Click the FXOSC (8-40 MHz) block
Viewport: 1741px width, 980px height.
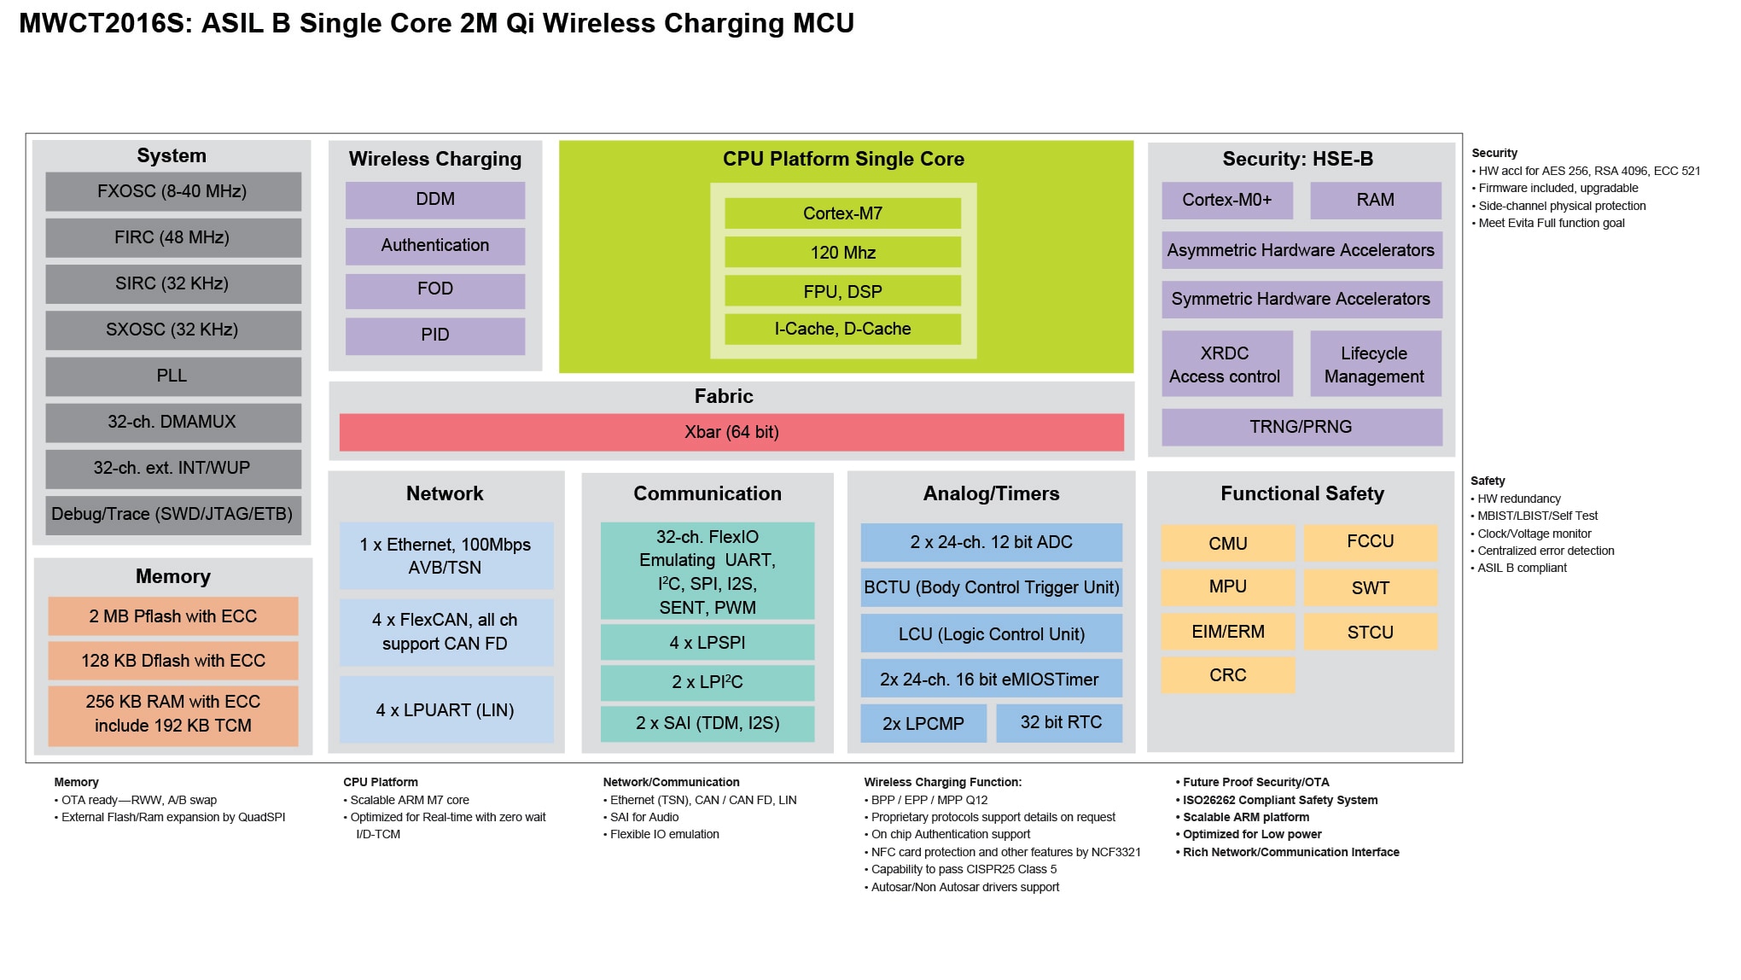click(x=172, y=191)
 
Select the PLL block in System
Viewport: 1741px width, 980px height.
click(x=172, y=376)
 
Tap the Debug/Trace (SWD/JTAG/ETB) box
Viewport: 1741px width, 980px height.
click(x=172, y=514)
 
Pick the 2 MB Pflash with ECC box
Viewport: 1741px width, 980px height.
click(x=172, y=616)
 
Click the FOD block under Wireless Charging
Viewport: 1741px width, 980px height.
click(x=434, y=289)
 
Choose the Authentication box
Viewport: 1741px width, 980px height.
click(x=434, y=246)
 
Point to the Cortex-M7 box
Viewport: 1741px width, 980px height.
click(x=842, y=213)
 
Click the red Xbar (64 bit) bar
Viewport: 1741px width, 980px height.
click(x=731, y=432)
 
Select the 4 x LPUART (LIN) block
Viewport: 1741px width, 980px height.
click(x=445, y=710)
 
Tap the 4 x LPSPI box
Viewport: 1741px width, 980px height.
click(x=707, y=643)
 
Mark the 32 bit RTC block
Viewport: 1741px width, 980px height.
click(x=1060, y=723)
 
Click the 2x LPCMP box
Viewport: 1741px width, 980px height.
click(x=923, y=723)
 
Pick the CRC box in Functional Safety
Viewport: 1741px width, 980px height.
click(x=1227, y=675)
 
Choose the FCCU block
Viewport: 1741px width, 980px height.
click(x=1370, y=542)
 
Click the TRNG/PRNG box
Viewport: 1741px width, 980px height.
click(x=1301, y=427)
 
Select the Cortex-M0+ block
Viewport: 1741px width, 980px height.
click(x=1226, y=200)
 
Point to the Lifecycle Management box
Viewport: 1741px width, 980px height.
click(x=1374, y=365)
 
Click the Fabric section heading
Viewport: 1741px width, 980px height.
click(x=724, y=396)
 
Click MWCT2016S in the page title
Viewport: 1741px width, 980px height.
click(x=102, y=24)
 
